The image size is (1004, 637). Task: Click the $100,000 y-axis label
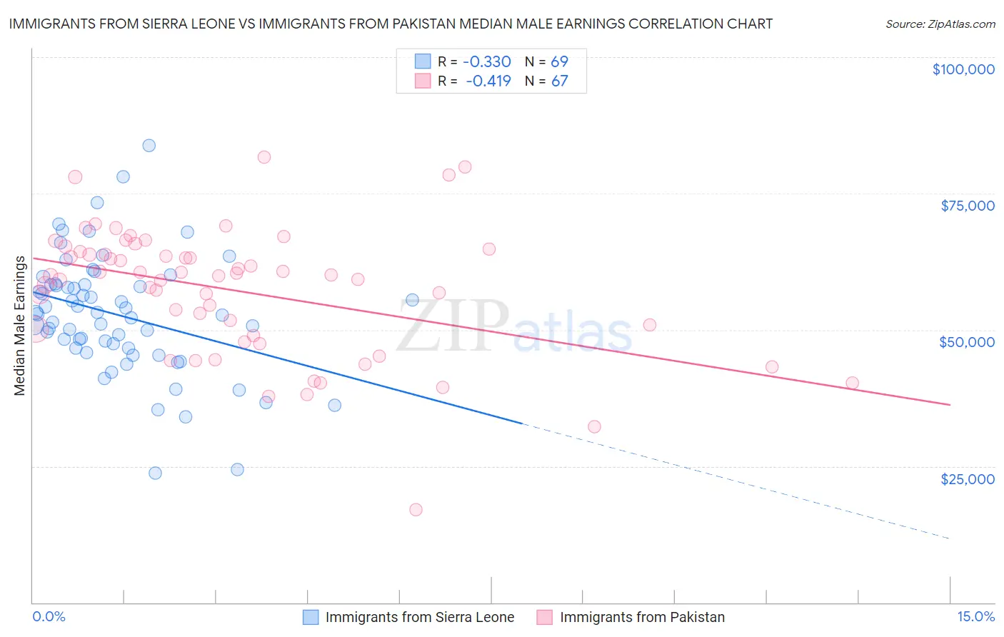(x=963, y=69)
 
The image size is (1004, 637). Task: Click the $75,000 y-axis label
(x=967, y=206)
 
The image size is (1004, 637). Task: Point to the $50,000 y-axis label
(x=966, y=342)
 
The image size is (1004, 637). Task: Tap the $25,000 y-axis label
(x=967, y=478)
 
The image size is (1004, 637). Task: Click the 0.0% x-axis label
(x=49, y=616)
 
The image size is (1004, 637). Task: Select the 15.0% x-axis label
(x=975, y=616)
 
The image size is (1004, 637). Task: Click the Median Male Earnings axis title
(x=20, y=325)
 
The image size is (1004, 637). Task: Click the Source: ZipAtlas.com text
(x=940, y=24)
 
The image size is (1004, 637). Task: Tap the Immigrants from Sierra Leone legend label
(x=420, y=617)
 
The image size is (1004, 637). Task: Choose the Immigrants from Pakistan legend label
(x=642, y=617)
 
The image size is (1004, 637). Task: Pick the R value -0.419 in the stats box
(x=488, y=81)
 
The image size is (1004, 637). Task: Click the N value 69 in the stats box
(x=559, y=62)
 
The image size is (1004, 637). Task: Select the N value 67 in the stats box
(x=559, y=81)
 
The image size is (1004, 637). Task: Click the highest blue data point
(x=149, y=146)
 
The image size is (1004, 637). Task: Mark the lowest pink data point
(x=416, y=509)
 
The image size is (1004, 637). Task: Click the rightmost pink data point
(x=852, y=383)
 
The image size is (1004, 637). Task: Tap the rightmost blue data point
(x=412, y=300)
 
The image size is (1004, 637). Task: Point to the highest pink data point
(x=264, y=157)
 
